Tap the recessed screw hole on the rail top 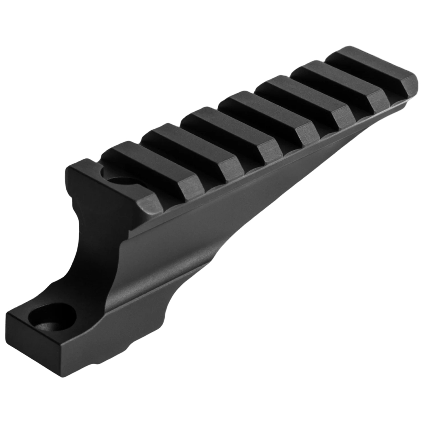(119, 182)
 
